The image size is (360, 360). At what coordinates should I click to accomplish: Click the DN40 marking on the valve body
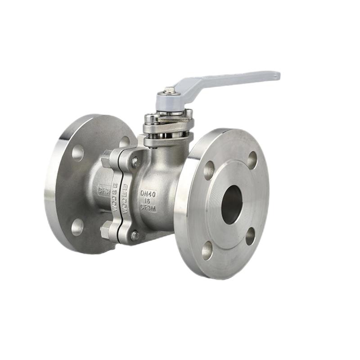[x=148, y=193]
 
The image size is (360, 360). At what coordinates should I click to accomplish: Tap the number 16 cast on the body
[x=148, y=201]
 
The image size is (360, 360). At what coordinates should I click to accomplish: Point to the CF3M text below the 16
[x=148, y=208]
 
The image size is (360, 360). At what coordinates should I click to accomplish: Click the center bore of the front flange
[x=232, y=205]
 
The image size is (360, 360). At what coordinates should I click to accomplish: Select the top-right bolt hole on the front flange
[x=252, y=160]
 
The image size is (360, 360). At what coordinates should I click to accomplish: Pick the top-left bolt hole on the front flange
[x=209, y=170]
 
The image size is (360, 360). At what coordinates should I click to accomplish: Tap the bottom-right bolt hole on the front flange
[x=250, y=236]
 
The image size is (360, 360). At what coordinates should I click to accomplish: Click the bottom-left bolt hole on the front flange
[x=207, y=250]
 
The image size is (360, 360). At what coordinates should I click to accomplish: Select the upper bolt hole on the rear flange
[x=78, y=153]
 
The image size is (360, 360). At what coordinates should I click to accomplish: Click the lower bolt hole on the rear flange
[x=77, y=227]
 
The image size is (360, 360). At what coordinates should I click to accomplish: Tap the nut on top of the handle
[x=170, y=90]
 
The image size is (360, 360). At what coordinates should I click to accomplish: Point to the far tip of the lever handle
[x=275, y=75]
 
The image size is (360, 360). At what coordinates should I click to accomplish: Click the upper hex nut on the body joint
[x=106, y=158]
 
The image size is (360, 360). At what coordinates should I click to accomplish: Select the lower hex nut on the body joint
[x=106, y=231]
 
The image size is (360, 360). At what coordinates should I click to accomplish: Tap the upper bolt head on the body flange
[x=135, y=162]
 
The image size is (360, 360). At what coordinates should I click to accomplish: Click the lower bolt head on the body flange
[x=135, y=234]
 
